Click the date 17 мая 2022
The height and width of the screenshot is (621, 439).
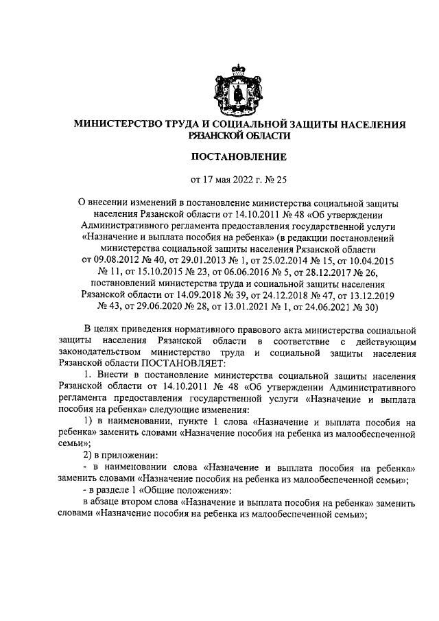coord(232,180)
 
